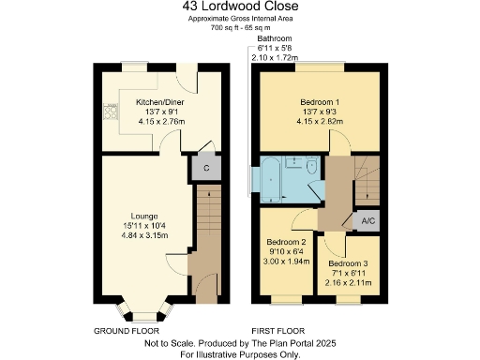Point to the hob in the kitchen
tap(111, 112)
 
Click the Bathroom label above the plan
tap(274, 38)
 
